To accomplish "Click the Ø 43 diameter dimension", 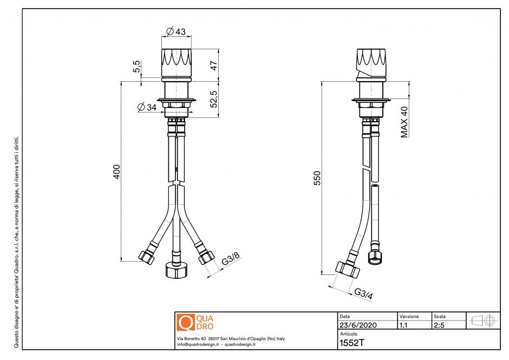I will click(176, 31).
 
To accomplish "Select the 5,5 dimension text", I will click(138, 67).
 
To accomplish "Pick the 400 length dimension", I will click(116, 172).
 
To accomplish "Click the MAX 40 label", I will click(404, 122).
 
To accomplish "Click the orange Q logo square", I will click(186, 323).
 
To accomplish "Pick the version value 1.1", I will click(404, 325).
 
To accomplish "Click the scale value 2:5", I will click(440, 325).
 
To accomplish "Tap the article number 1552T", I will click(351, 343).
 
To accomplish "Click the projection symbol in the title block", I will click(484, 320).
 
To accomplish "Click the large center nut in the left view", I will click(176, 269).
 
